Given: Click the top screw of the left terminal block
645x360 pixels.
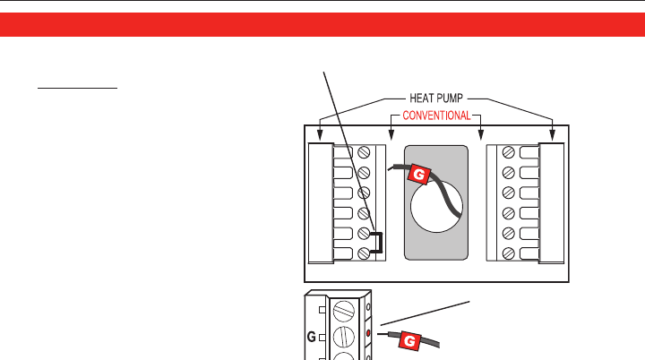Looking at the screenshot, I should click(364, 153).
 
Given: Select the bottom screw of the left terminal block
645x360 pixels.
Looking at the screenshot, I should click(364, 254).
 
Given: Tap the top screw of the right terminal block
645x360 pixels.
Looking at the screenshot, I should click(508, 153).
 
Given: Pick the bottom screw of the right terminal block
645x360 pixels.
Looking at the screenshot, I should click(508, 254).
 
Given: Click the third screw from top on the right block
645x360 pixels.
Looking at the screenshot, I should click(508, 193).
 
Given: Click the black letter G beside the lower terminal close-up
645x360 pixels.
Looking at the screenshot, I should click(312, 339).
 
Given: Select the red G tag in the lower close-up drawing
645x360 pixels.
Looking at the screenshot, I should click(408, 340).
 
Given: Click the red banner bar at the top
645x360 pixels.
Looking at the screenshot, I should click(322, 24).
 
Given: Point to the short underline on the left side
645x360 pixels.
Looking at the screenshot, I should click(77, 90).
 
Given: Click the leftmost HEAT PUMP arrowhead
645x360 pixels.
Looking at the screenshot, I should click(320, 136).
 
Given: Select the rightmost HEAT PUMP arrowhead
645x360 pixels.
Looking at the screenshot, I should click(553, 136).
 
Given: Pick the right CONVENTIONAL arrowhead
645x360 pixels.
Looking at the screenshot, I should click(483, 136).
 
